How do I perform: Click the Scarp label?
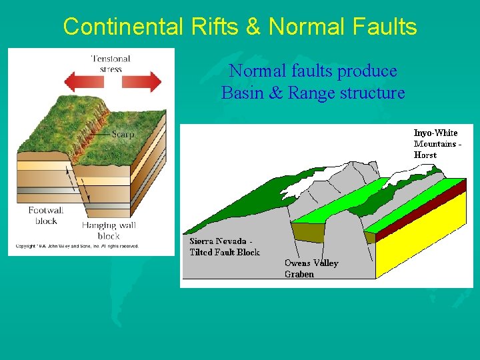(123, 134)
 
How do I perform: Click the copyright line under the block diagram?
(77, 246)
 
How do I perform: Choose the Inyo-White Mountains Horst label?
(437, 143)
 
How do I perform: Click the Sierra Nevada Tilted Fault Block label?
(224, 246)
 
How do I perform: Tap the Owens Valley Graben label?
(311, 268)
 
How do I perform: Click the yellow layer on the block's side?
(423, 243)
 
